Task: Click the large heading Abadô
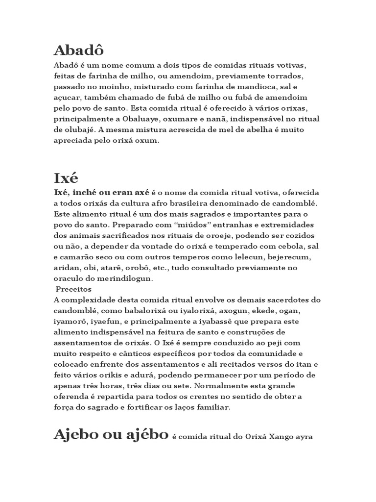pos(79,51)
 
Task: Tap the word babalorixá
pos(121,311)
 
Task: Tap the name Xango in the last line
pos(275,437)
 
